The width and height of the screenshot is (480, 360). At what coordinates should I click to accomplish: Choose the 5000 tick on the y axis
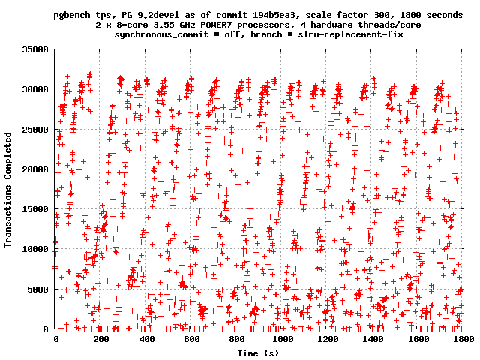[40, 289]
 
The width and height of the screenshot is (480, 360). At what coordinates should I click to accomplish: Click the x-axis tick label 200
[101, 340]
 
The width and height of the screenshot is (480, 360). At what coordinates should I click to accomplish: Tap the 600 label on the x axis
[192, 340]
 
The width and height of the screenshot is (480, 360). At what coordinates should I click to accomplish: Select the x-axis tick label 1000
[282, 340]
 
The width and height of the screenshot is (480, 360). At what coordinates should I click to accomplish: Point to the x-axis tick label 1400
[373, 340]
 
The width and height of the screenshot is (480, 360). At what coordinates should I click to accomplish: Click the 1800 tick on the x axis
[463, 340]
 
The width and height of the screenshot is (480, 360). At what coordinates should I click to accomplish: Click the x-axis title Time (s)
[259, 352]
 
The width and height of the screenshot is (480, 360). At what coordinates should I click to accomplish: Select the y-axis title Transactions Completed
[9, 189]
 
